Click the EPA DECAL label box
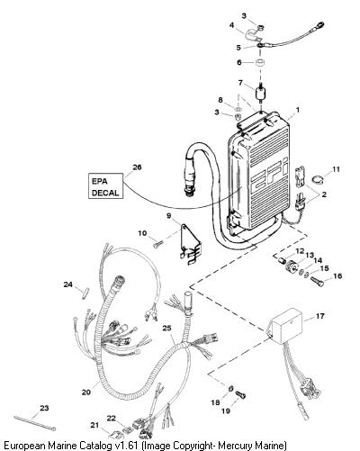105,185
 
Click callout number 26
137,167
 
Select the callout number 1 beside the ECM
297,110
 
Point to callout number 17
320,316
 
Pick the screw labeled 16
317,282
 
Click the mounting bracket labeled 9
190,244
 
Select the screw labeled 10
157,245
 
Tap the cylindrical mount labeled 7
260,93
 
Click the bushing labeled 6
259,63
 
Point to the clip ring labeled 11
317,179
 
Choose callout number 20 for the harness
85,392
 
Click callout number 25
166,329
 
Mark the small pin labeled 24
85,293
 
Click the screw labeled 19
240,394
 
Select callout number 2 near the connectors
324,194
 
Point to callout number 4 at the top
231,25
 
